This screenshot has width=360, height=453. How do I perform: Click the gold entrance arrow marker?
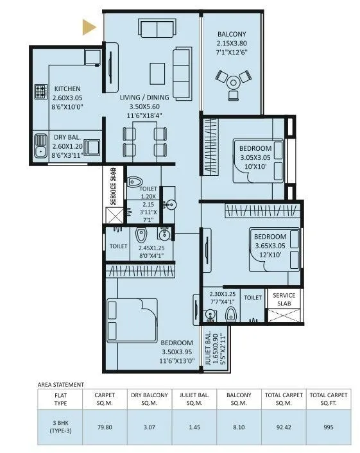pyautogui.click(x=89, y=27)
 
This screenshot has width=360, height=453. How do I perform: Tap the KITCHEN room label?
pyautogui.click(x=67, y=89)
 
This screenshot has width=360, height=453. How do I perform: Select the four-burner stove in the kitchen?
pyautogui.click(x=40, y=91)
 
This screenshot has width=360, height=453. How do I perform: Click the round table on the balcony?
pyautogui.click(x=233, y=83)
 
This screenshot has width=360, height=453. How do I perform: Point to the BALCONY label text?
pyautogui.click(x=232, y=34)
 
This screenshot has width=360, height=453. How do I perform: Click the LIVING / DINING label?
pyautogui.click(x=144, y=98)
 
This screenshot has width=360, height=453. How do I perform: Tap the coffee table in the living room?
pyautogui.click(x=157, y=73)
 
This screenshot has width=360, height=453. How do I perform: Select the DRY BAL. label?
pyautogui.click(x=67, y=137)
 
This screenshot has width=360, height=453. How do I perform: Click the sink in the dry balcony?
pyautogui.click(x=40, y=146)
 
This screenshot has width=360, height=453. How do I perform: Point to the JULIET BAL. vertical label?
pyautogui.click(x=208, y=348)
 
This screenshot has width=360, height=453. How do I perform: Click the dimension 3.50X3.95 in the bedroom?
pyautogui.click(x=176, y=352)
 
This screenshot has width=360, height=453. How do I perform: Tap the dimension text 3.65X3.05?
pyautogui.click(x=270, y=246)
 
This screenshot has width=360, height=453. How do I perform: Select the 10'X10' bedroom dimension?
pyautogui.click(x=255, y=167)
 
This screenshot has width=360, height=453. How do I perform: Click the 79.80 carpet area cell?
pyautogui.click(x=105, y=427)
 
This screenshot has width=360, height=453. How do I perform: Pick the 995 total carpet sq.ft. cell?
pyautogui.click(x=329, y=427)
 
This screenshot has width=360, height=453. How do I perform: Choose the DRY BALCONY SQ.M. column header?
pyautogui.click(x=150, y=399)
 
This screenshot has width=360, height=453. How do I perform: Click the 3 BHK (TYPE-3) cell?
pyautogui.click(x=60, y=427)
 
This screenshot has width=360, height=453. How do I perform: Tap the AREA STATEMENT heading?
pyautogui.click(x=61, y=385)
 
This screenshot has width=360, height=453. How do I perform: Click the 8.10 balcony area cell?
pyautogui.click(x=239, y=427)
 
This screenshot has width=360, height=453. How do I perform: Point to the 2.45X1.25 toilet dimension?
pyautogui.click(x=151, y=248)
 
